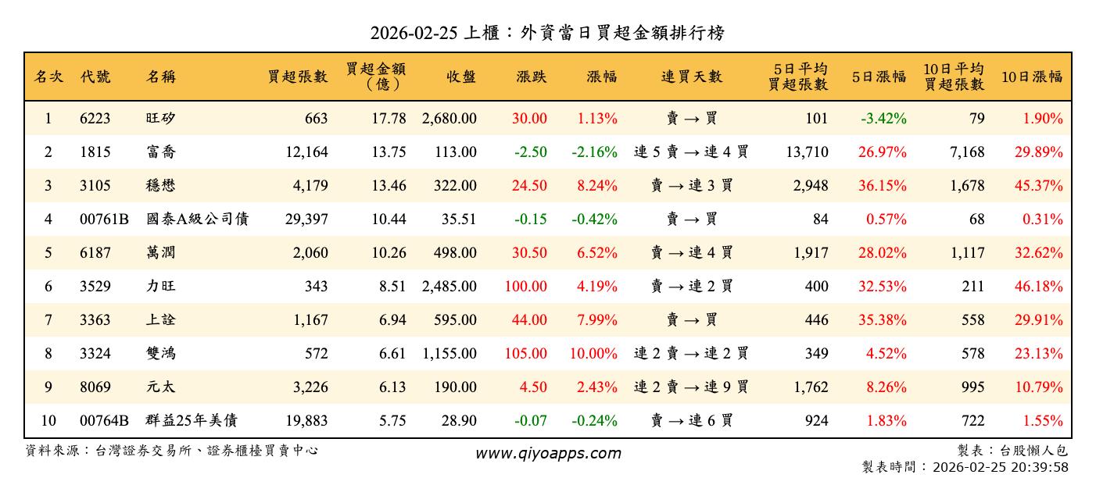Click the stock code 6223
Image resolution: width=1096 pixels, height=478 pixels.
point(95,119)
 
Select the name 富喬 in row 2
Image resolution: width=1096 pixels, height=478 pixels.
point(161,152)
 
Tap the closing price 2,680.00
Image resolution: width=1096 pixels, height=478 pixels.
point(449,119)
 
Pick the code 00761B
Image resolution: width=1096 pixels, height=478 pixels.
point(104,219)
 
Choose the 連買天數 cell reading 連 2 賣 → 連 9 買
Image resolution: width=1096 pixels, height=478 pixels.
point(691,387)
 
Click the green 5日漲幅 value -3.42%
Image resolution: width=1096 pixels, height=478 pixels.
point(883,119)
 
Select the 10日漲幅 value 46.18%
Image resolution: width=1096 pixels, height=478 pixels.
point(1042,287)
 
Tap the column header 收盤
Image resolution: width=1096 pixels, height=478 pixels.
point(460,77)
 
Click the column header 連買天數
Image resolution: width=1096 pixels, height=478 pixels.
point(692,77)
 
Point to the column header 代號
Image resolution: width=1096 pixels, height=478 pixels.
point(95,77)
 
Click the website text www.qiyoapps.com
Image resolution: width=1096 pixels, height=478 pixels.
point(548,453)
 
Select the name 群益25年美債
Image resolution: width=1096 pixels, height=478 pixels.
point(192,421)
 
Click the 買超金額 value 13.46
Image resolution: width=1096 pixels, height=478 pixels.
point(389,186)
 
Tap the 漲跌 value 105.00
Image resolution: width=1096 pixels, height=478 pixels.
point(525,354)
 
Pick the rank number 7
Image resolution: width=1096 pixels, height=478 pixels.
point(48,320)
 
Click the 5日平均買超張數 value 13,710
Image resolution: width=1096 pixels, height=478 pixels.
point(807,152)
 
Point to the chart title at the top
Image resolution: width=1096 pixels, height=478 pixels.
point(547,33)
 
